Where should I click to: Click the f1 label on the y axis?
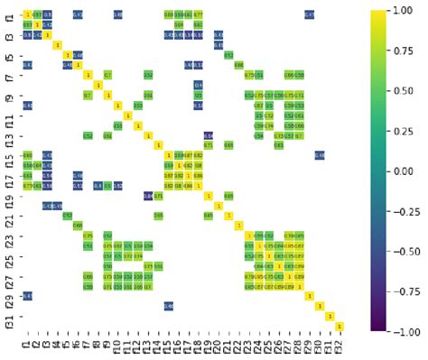coord(9,14)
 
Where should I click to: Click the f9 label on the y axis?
coord(9,96)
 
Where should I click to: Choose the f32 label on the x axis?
coord(340,345)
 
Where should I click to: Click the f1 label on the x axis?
coord(27,343)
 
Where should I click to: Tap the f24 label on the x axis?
coord(259,345)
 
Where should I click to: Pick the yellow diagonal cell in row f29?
coord(310,297)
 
